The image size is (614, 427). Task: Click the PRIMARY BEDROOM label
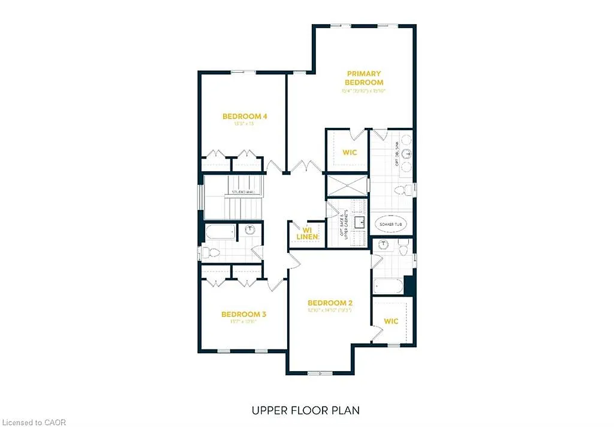[363, 78]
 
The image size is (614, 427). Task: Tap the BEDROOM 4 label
[245, 117]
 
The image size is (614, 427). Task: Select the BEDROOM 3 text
[243, 314]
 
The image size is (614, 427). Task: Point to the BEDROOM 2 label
[330, 303]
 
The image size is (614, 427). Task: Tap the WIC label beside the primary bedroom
[350, 153]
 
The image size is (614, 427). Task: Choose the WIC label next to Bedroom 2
[391, 321]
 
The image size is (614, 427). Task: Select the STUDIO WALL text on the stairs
[243, 192]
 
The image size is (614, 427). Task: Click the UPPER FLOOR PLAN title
[306, 411]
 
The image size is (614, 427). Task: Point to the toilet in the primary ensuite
[404, 190]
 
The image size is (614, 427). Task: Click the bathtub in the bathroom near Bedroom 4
[220, 231]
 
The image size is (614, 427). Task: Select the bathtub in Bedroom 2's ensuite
[389, 286]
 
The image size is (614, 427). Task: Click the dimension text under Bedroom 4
[243, 124]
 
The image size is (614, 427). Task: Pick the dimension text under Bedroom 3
[243, 322]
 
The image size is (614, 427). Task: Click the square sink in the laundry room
[360, 222]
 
